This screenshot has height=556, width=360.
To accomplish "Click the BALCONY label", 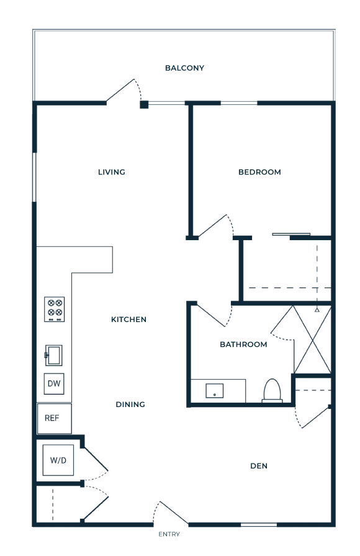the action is click(x=184, y=68).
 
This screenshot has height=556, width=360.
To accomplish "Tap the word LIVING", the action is click(x=112, y=172).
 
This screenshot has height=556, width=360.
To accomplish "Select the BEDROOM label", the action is click(x=259, y=172).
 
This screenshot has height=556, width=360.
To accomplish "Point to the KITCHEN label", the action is click(x=128, y=320).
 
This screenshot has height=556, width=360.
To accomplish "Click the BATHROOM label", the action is click(x=243, y=344).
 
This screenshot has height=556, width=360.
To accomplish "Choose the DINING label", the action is click(x=130, y=404).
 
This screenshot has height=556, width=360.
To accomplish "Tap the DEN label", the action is click(x=259, y=466).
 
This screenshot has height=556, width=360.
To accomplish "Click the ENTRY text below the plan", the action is click(x=169, y=534).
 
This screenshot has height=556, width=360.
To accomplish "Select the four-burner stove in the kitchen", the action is click(x=54, y=309).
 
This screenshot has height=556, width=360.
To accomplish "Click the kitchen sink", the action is click(x=53, y=356).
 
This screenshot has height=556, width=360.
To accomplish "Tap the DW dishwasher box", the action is click(x=54, y=383).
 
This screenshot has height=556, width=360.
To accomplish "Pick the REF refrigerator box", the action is click(x=54, y=418).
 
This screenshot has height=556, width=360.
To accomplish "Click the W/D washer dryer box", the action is click(x=58, y=460).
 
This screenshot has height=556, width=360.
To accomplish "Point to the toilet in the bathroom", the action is click(x=272, y=391).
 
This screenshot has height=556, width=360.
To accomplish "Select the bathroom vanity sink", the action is click(x=215, y=390).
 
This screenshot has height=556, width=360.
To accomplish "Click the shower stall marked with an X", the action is click(x=312, y=339).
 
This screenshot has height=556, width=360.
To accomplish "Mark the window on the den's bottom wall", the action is click(x=259, y=524).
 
